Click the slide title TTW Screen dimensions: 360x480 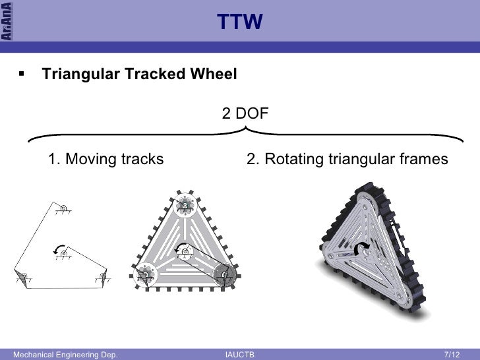[x=240, y=23]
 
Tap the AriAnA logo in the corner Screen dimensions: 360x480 [x=8, y=22]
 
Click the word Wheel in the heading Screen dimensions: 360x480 [x=216, y=75]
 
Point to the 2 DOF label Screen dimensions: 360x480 [x=245, y=113]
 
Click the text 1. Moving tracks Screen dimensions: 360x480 [x=105, y=159]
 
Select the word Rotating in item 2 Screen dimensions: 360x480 [x=292, y=159]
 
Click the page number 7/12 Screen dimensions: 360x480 [x=452, y=355]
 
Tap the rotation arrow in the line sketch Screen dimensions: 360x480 [x=55, y=251]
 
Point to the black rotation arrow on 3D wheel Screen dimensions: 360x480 [x=361, y=248]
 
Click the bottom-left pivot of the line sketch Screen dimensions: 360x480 [x=21, y=275]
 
